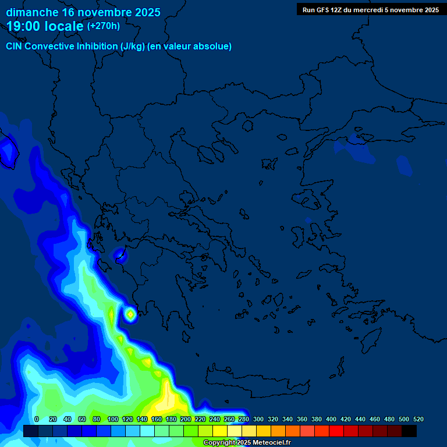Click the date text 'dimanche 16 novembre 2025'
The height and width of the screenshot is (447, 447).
pyautogui.click(x=83, y=12)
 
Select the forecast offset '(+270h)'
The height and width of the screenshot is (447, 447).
pyautogui.click(x=104, y=26)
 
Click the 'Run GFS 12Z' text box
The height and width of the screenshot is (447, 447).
pyautogui.click(x=371, y=10)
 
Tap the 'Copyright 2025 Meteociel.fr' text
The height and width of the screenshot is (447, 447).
pyautogui.click(x=247, y=443)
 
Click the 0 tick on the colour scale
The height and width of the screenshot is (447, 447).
pyautogui.click(x=37, y=419)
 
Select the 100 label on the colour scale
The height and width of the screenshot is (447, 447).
pyautogui.click(x=113, y=419)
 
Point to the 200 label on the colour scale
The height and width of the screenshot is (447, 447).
pyautogui.click(x=186, y=419)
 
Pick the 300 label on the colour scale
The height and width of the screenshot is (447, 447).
pyautogui.click(x=258, y=419)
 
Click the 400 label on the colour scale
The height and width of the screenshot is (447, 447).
pyautogui.click(x=331, y=419)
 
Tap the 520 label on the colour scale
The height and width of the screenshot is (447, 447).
pyautogui.click(x=418, y=419)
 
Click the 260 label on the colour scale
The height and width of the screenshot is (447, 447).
pyautogui.click(x=229, y=419)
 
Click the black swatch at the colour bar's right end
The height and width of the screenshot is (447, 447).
pyautogui.click(x=409, y=431)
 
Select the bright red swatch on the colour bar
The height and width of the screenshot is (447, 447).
pyautogui.click(x=336, y=431)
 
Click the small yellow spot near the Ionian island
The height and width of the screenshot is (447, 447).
pyautogui.click(x=130, y=314)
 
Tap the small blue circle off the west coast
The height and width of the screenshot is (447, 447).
pyautogui.click(x=120, y=254)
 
